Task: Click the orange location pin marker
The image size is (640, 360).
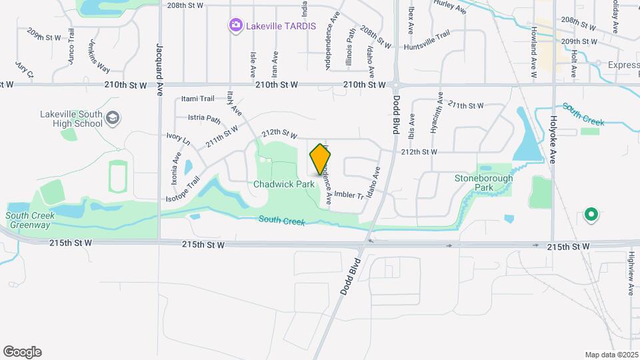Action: click(x=321, y=159)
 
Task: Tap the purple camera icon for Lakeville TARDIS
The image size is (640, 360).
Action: click(x=235, y=26)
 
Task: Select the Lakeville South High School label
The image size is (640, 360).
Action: click(x=71, y=119)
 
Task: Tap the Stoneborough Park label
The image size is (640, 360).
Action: click(x=484, y=183)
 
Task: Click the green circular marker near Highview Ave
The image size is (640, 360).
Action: click(x=590, y=215)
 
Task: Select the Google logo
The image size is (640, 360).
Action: click(x=22, y=352)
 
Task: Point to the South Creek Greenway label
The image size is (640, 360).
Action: click(x=27, y=220)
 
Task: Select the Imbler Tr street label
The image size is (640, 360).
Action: click(x=349, y=195)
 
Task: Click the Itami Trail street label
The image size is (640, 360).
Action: click(x=198, y=99)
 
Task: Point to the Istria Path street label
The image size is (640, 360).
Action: click(x=204, y=119)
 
